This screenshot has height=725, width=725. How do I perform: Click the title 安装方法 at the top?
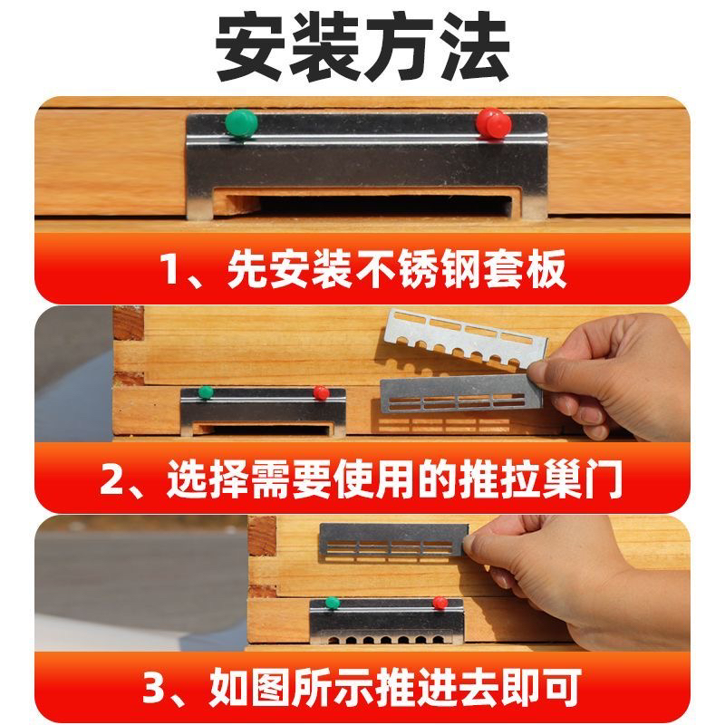(x=362, y=47)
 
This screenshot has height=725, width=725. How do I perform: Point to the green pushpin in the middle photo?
(x=206, y=392)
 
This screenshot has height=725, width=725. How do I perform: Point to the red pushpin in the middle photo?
(x=320, y=392)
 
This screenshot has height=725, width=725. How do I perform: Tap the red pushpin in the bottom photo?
(x=440, y=602)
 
